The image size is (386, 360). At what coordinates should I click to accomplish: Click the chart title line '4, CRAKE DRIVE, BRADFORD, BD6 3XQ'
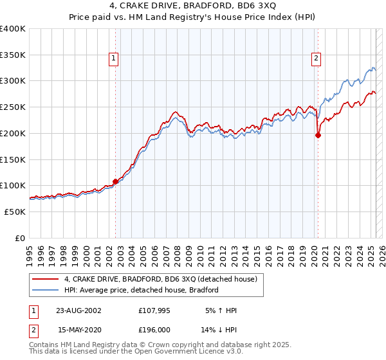coord(193,6)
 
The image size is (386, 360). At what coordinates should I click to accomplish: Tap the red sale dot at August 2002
coord(116,181)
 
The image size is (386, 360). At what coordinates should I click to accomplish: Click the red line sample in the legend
coord(46,279)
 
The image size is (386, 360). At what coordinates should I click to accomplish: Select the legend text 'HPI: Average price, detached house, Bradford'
coord(142,290)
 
